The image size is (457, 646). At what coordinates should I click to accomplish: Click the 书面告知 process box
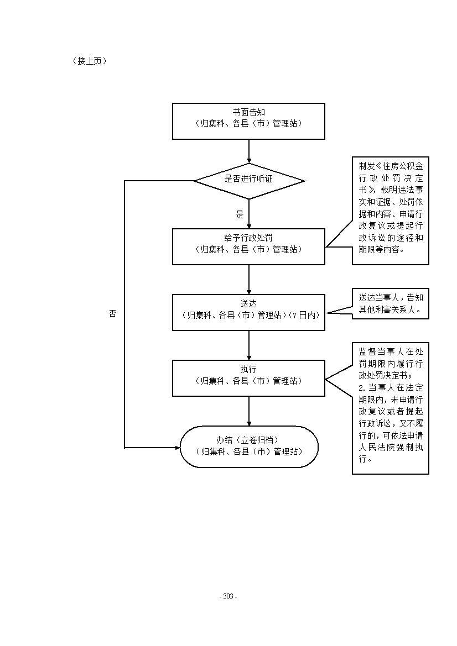[248, 121]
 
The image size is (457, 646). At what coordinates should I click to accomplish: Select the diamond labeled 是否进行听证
[250, 181]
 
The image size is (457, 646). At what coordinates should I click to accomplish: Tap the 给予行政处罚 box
[248, 246]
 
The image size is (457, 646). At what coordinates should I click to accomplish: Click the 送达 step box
[248, 312]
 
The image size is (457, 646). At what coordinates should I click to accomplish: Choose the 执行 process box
[248, 378]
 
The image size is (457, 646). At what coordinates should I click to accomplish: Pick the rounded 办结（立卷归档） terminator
[249, 447]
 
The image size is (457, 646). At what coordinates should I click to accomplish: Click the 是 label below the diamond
[240, 214]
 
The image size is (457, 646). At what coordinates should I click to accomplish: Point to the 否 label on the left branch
[113, 313]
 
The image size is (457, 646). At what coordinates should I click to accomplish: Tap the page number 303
[228, 596]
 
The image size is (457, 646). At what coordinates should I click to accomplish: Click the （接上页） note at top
[90, 61]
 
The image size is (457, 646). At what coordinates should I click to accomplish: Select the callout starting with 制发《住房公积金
[390, 211]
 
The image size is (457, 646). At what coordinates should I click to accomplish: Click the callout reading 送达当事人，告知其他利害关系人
[390, 303]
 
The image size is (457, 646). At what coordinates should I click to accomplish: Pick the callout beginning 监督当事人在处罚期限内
[390, 408]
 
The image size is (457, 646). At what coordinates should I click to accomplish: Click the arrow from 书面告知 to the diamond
[249, 151]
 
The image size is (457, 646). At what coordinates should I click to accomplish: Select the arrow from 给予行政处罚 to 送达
[249, 279]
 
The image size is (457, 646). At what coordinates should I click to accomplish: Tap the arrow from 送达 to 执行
[249, 345]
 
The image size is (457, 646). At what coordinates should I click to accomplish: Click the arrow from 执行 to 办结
[249, 411]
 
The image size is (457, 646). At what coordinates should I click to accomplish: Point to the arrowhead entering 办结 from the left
[178, 447]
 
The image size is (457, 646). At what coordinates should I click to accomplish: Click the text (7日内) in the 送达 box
[304, 315]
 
